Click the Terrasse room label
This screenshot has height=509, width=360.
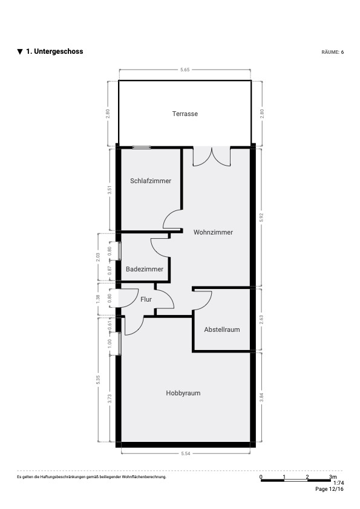point(185,114)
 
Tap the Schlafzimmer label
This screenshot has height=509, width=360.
point(151,181)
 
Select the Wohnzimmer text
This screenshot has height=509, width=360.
point(213,232)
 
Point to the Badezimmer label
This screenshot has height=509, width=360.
point(145,269)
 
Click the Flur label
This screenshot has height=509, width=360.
point(146,299)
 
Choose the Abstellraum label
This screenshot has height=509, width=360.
point(222,329)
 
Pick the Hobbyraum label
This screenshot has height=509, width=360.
point(183,393)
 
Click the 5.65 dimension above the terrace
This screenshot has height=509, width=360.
point(185,70)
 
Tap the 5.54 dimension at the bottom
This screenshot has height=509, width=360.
point(186,453)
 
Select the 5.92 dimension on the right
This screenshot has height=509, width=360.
point(261,218)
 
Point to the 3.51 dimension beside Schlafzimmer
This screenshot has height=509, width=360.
point(110,190)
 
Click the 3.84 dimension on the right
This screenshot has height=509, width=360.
point(261,397)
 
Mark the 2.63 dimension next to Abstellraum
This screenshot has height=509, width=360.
point(261,319)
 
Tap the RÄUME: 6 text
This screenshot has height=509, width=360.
point(333,52)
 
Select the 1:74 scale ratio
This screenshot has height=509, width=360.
point(339,483)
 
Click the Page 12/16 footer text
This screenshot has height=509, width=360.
point(330,489)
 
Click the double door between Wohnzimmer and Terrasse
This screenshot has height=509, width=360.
point(212,157)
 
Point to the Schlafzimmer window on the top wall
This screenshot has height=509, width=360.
point(142,148)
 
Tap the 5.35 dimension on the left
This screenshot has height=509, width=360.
point(98,380)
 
